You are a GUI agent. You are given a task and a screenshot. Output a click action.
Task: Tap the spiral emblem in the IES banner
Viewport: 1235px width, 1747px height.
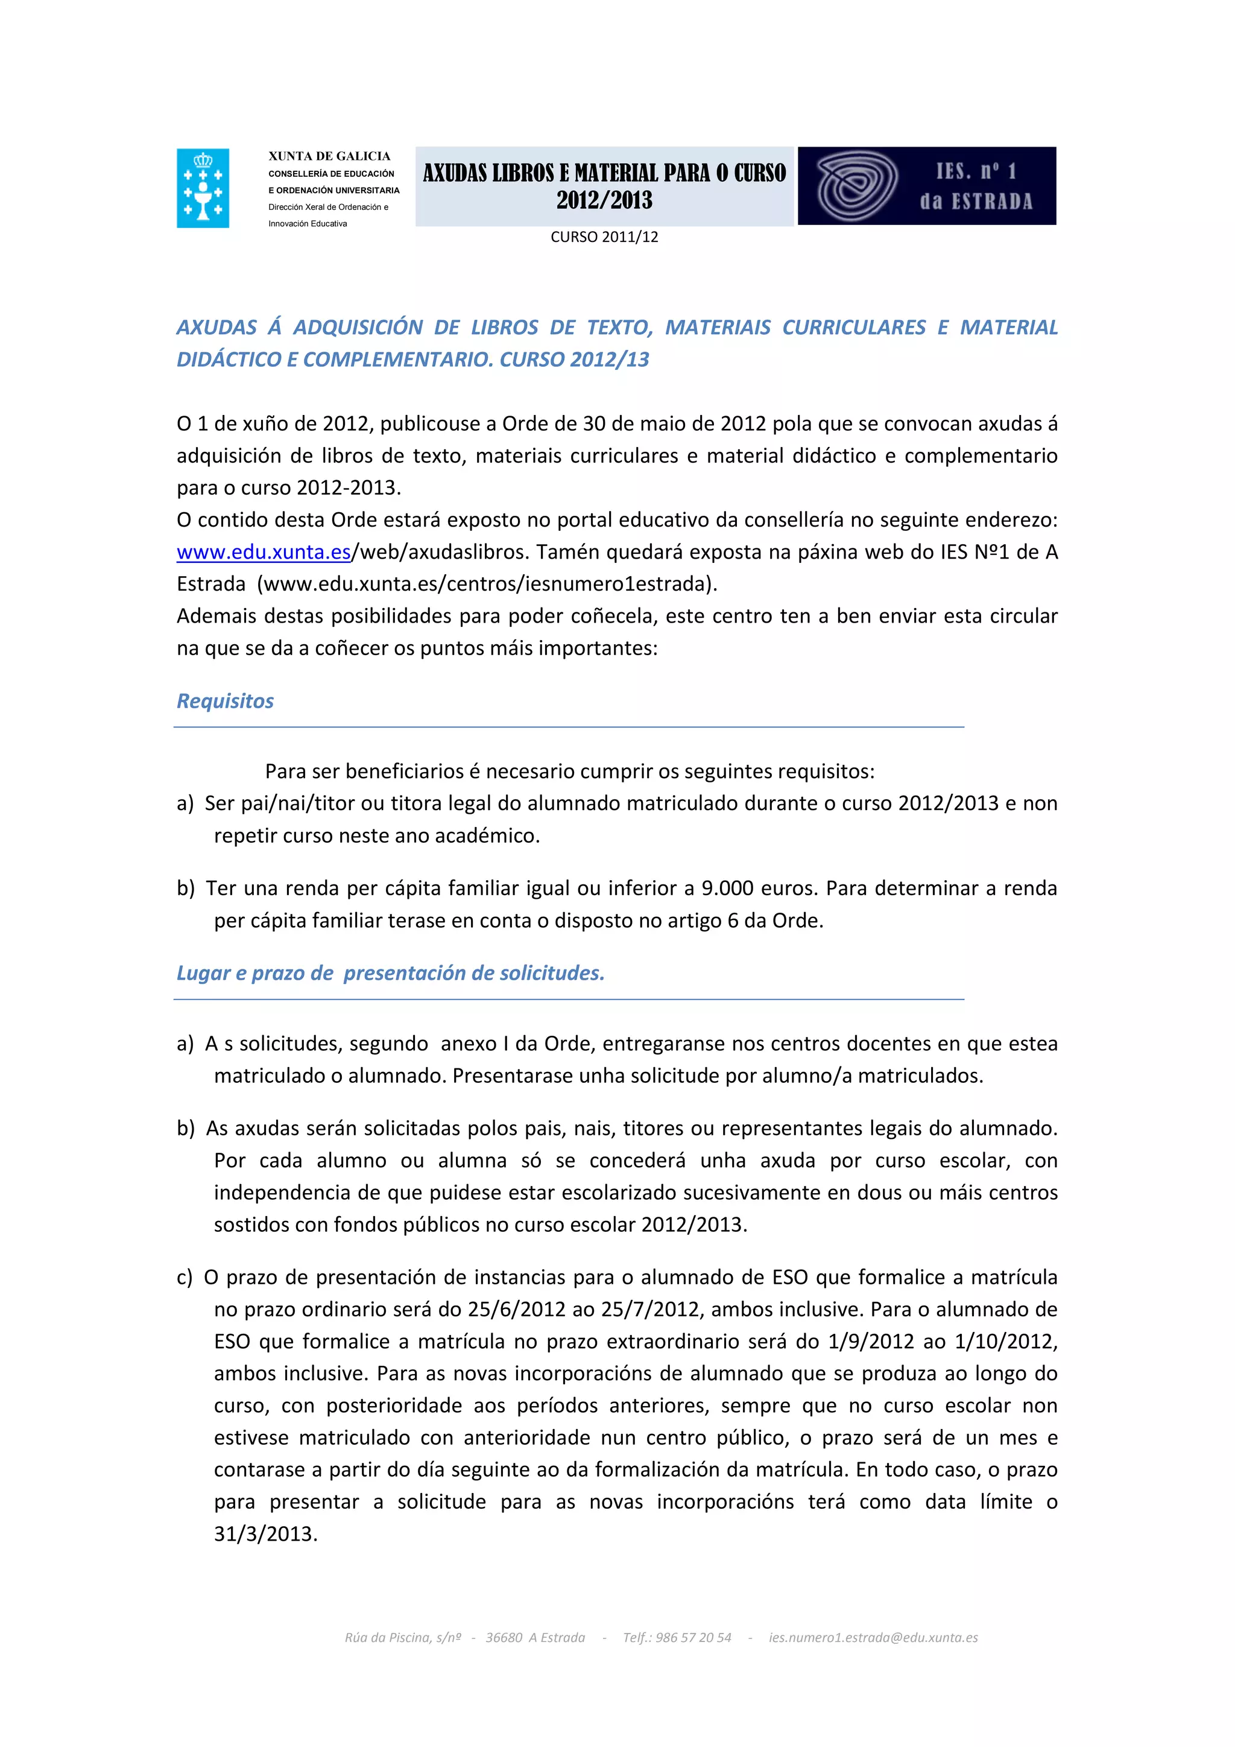tap(856, 186)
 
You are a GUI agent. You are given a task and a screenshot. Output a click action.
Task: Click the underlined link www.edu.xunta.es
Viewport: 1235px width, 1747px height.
tap(263, 551)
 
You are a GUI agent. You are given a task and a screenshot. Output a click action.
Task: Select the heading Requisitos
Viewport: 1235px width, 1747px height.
tap(225, 701)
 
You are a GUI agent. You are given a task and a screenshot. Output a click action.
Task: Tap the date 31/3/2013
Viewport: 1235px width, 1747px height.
tap(265, 1533)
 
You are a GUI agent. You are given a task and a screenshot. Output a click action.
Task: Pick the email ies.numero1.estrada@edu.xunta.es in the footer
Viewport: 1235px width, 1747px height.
tap(873, 1637)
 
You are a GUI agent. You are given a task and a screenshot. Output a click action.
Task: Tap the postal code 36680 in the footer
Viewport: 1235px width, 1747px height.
tap(504, 1637)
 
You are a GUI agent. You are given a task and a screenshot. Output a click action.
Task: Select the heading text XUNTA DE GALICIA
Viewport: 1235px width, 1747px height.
tap(329, 156)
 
